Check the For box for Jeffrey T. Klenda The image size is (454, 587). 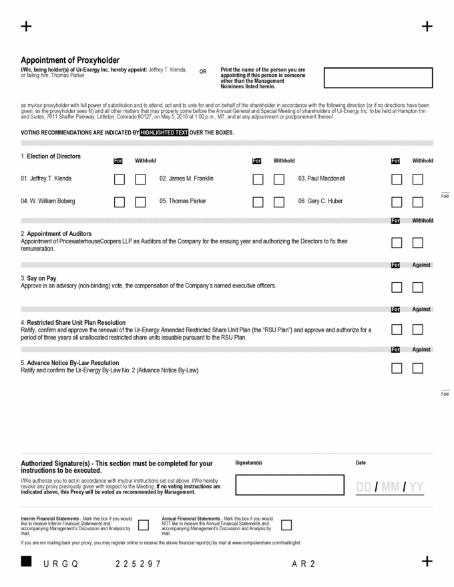click(x=119, y=179)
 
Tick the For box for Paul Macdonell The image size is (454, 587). click(x=397, y=179)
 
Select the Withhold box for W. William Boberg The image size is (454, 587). click(x=140, y=202)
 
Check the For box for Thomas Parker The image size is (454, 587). click(x=258, y=202)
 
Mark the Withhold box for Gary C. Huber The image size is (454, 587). click(x=418, y=202)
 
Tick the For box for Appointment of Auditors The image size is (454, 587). click(x=397, y=243)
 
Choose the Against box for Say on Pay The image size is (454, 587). click(x=418, y=287)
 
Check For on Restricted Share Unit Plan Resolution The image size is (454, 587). click(x=397, y=330)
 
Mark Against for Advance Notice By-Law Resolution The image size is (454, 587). click(x=418, y=368)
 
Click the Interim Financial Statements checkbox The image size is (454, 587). click(x=143, y=525)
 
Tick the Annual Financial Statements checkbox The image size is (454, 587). click(x=286, y=525)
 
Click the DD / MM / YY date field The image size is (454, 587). click(x=390, y=487)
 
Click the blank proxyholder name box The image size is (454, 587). click(x=378, y=78)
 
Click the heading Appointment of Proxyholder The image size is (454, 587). click(x=70, y=60)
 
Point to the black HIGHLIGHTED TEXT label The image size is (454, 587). click(x=164, y=132)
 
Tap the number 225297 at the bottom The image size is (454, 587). click(x=138, y=564)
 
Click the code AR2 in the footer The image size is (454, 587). click(x=303, y=564)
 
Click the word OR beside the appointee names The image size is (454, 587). click(x=203, y=72)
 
